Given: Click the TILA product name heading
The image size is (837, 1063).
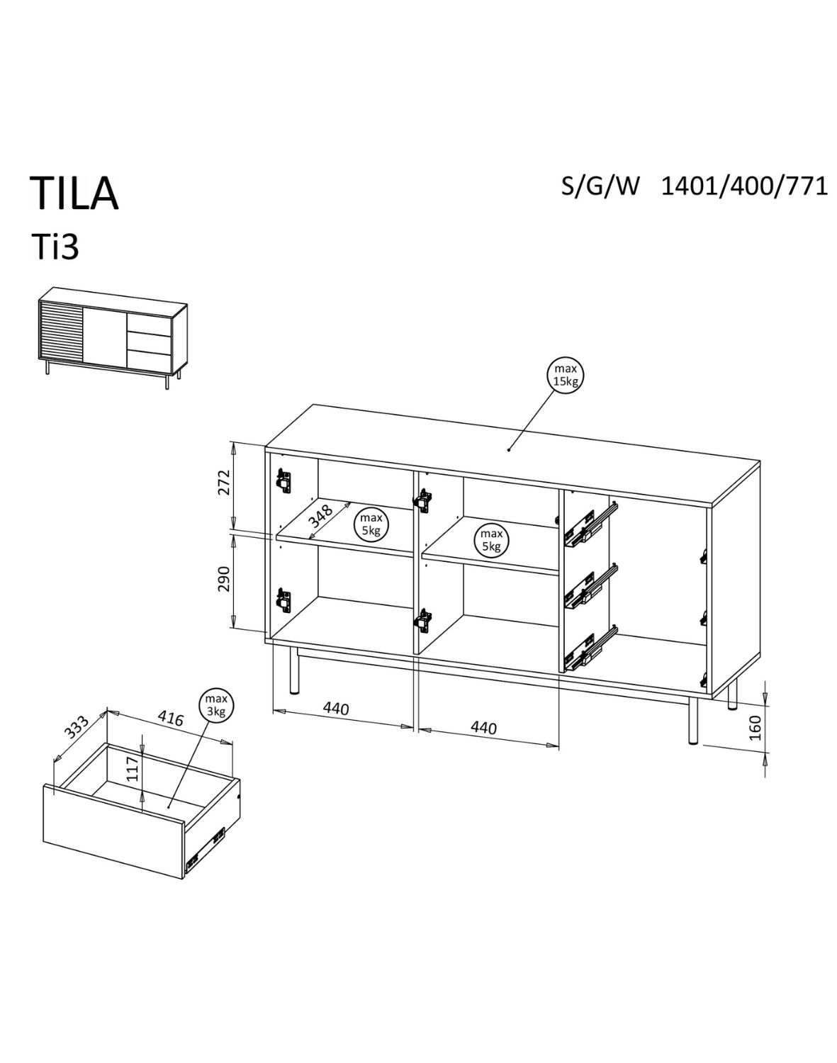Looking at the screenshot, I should [x=74, y=193].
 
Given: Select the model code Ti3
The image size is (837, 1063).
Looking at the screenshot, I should [x=54, y=247].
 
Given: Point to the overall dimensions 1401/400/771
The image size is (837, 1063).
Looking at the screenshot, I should [x=744, y=186].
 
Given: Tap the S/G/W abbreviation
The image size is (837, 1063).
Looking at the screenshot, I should [x=600, y=186].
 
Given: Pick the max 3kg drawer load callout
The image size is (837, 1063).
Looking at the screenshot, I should [x=215, y=705].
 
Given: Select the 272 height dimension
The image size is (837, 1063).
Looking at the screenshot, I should [x=224, y=483].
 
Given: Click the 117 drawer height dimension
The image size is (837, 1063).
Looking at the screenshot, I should [x=132, y=768].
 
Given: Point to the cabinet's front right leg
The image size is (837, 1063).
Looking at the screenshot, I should [x=692, y=719].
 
